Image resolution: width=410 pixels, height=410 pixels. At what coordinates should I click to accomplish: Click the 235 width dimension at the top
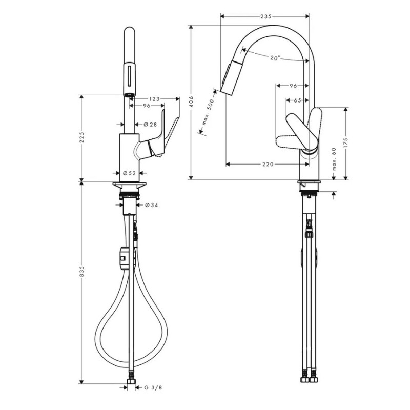(265, 17)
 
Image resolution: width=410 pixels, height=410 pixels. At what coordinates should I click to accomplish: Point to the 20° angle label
(275, 58)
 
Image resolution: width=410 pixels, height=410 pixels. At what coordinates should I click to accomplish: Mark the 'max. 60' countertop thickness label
(334, 159)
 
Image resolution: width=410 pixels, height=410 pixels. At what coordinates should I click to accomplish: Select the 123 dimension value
(155, 98)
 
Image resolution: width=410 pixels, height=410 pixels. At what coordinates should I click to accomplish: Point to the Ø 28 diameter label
(150, 125)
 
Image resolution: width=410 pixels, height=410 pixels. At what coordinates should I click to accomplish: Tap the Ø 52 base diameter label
(129, 173)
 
